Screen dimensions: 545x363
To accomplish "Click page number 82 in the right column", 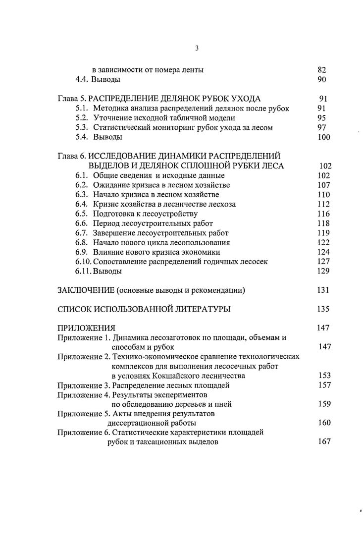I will pos(321,70).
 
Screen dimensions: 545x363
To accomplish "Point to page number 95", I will pos(321,118).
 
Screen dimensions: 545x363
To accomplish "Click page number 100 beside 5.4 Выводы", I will pos(323,137).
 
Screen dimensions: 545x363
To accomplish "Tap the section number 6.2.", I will pos(82,185).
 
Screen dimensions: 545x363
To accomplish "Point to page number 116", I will pos(323,214).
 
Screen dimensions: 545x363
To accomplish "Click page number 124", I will pos(323,253).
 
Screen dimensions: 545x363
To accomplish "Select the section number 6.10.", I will pos(84,262).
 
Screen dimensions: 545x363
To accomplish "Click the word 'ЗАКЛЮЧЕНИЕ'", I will pos(86,290).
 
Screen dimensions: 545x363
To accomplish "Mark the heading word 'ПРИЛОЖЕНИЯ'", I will pos(87,328).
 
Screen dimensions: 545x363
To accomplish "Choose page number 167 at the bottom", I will pos(324,442).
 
